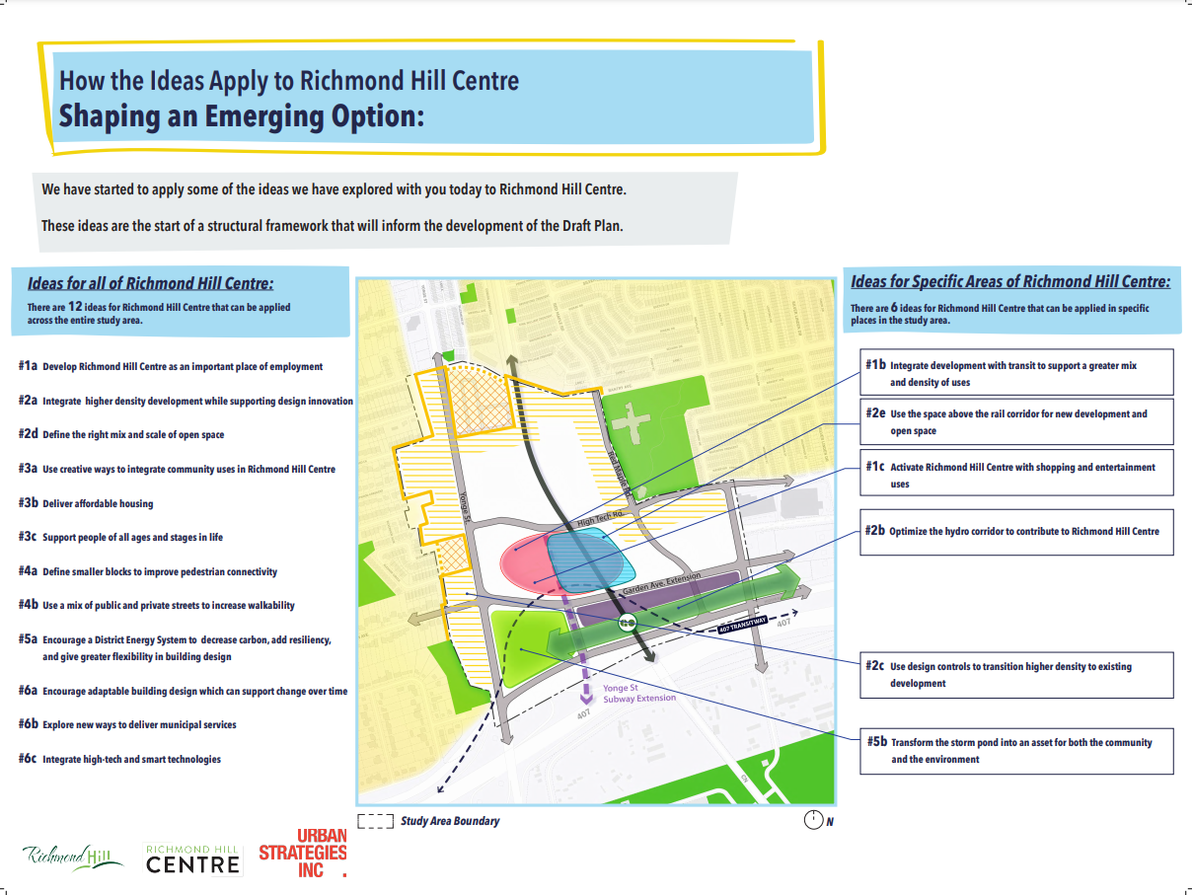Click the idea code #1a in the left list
pos(28,366)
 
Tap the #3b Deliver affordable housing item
pos(98,503)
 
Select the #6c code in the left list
pos(28,759)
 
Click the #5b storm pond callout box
pos(1015,751)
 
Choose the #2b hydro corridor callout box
pos(1015,532)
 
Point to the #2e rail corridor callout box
pos(1015,422)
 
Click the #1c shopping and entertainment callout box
pos(1015,476)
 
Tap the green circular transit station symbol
pos(626,623)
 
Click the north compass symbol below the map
pos(813,820)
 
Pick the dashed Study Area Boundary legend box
pos(375,821)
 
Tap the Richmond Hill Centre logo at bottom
pos(192,858)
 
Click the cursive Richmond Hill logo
pos(73,856)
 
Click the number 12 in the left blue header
pos(75,307)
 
